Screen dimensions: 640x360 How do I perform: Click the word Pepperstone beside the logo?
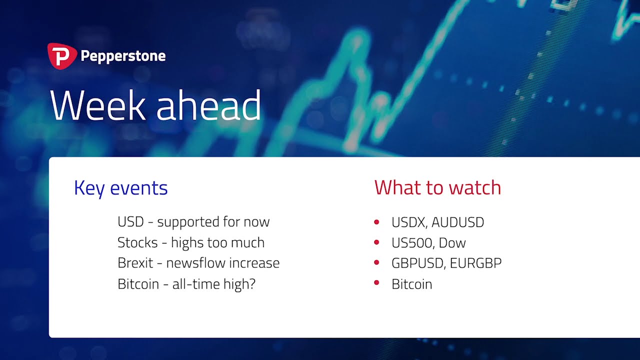(x=123, y=56)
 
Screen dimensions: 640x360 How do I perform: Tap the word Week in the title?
(x=97, y=105)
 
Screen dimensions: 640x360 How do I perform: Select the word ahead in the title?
(x=208, y=105)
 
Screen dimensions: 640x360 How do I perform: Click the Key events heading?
(x=121, y=188)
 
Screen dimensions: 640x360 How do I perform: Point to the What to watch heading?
(x=437, y=187)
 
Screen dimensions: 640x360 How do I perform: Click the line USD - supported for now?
(x=193, y=221)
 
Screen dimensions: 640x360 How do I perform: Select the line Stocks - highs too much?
(x=191, y=242)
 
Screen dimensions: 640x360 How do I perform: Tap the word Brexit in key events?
(x=135, y=263)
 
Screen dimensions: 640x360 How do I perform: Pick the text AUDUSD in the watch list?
(x=457, y=222)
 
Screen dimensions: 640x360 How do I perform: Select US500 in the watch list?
(x=412, y=243)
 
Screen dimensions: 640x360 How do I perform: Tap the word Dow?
(x=452, y=243)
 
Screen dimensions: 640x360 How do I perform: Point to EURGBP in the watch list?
(x=475, y=263)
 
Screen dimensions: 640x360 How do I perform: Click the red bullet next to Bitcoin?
(x=376, y=283)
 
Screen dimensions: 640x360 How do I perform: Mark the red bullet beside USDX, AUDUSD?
(x=376, y=221)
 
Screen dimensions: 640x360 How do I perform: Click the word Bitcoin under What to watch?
(x=411, y=284)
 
